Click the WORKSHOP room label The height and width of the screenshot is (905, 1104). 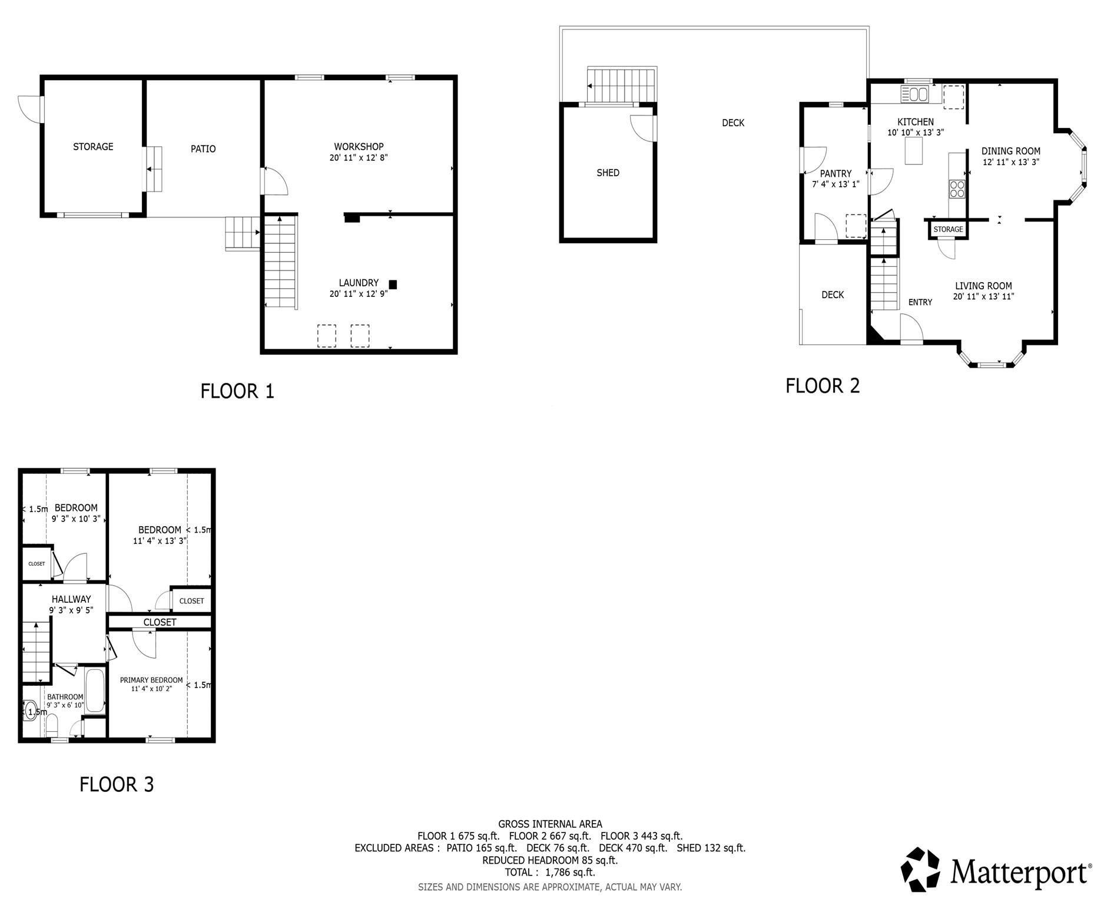pyautogui.click(x=359, y=147)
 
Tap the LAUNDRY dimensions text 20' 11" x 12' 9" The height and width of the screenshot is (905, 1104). pyautogui.click(x=359, y=294)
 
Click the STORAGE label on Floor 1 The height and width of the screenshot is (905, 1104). pyautogui.click(x=93, y=147)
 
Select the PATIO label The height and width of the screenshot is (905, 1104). pyautogui.click(x=203, y=149)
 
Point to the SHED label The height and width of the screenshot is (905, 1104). pyautogui.click(x=608, y=173)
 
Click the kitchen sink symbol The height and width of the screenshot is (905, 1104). pyautogui.click(x=914, y=94)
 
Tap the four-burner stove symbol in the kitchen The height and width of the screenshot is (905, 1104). pyautogui.click(x=957, y=189)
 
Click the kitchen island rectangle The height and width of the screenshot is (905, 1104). pyautogui.click(x=914, y=150)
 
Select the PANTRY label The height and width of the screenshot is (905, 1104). pyautogui.click(x=836, y=174)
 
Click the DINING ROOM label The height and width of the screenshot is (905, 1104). pyautogui.click(x=1010, y=151)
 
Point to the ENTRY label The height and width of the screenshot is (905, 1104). pyautogui.click(x=920, y=302)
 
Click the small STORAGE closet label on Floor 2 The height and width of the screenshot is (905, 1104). pyautogui.click(x=948, y=229)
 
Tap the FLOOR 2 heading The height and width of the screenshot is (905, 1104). pyautogui.click(x=823, y=386)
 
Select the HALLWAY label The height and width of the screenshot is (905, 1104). pyautogui.click(x=71, y=599)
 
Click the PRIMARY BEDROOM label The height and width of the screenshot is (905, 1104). pyautogui.click(x=151, y=680)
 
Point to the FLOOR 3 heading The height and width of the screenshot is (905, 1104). pyautogui.click(x=117, y=784)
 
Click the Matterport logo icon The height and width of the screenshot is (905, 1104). pyautogui.click(x=921, y=870)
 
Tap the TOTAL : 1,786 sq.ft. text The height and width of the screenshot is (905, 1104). pyautogui.click(x=549, y=872)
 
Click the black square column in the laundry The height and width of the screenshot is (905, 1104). pyautogui.click(x=393, y=285)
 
